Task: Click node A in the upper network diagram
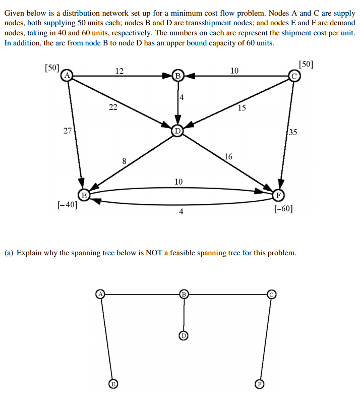67,76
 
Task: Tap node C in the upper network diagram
294,76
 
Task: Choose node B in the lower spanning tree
184,294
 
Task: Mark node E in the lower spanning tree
114,383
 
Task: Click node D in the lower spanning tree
184,334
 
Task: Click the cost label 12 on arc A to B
119,71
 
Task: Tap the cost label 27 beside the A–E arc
67,131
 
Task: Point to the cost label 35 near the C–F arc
293,133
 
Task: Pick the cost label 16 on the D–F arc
228,157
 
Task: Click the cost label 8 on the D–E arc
124,161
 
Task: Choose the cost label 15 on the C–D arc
242,107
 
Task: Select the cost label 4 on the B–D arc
182,97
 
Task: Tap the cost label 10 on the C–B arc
234,71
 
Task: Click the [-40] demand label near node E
68,205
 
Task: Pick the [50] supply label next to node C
306,64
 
